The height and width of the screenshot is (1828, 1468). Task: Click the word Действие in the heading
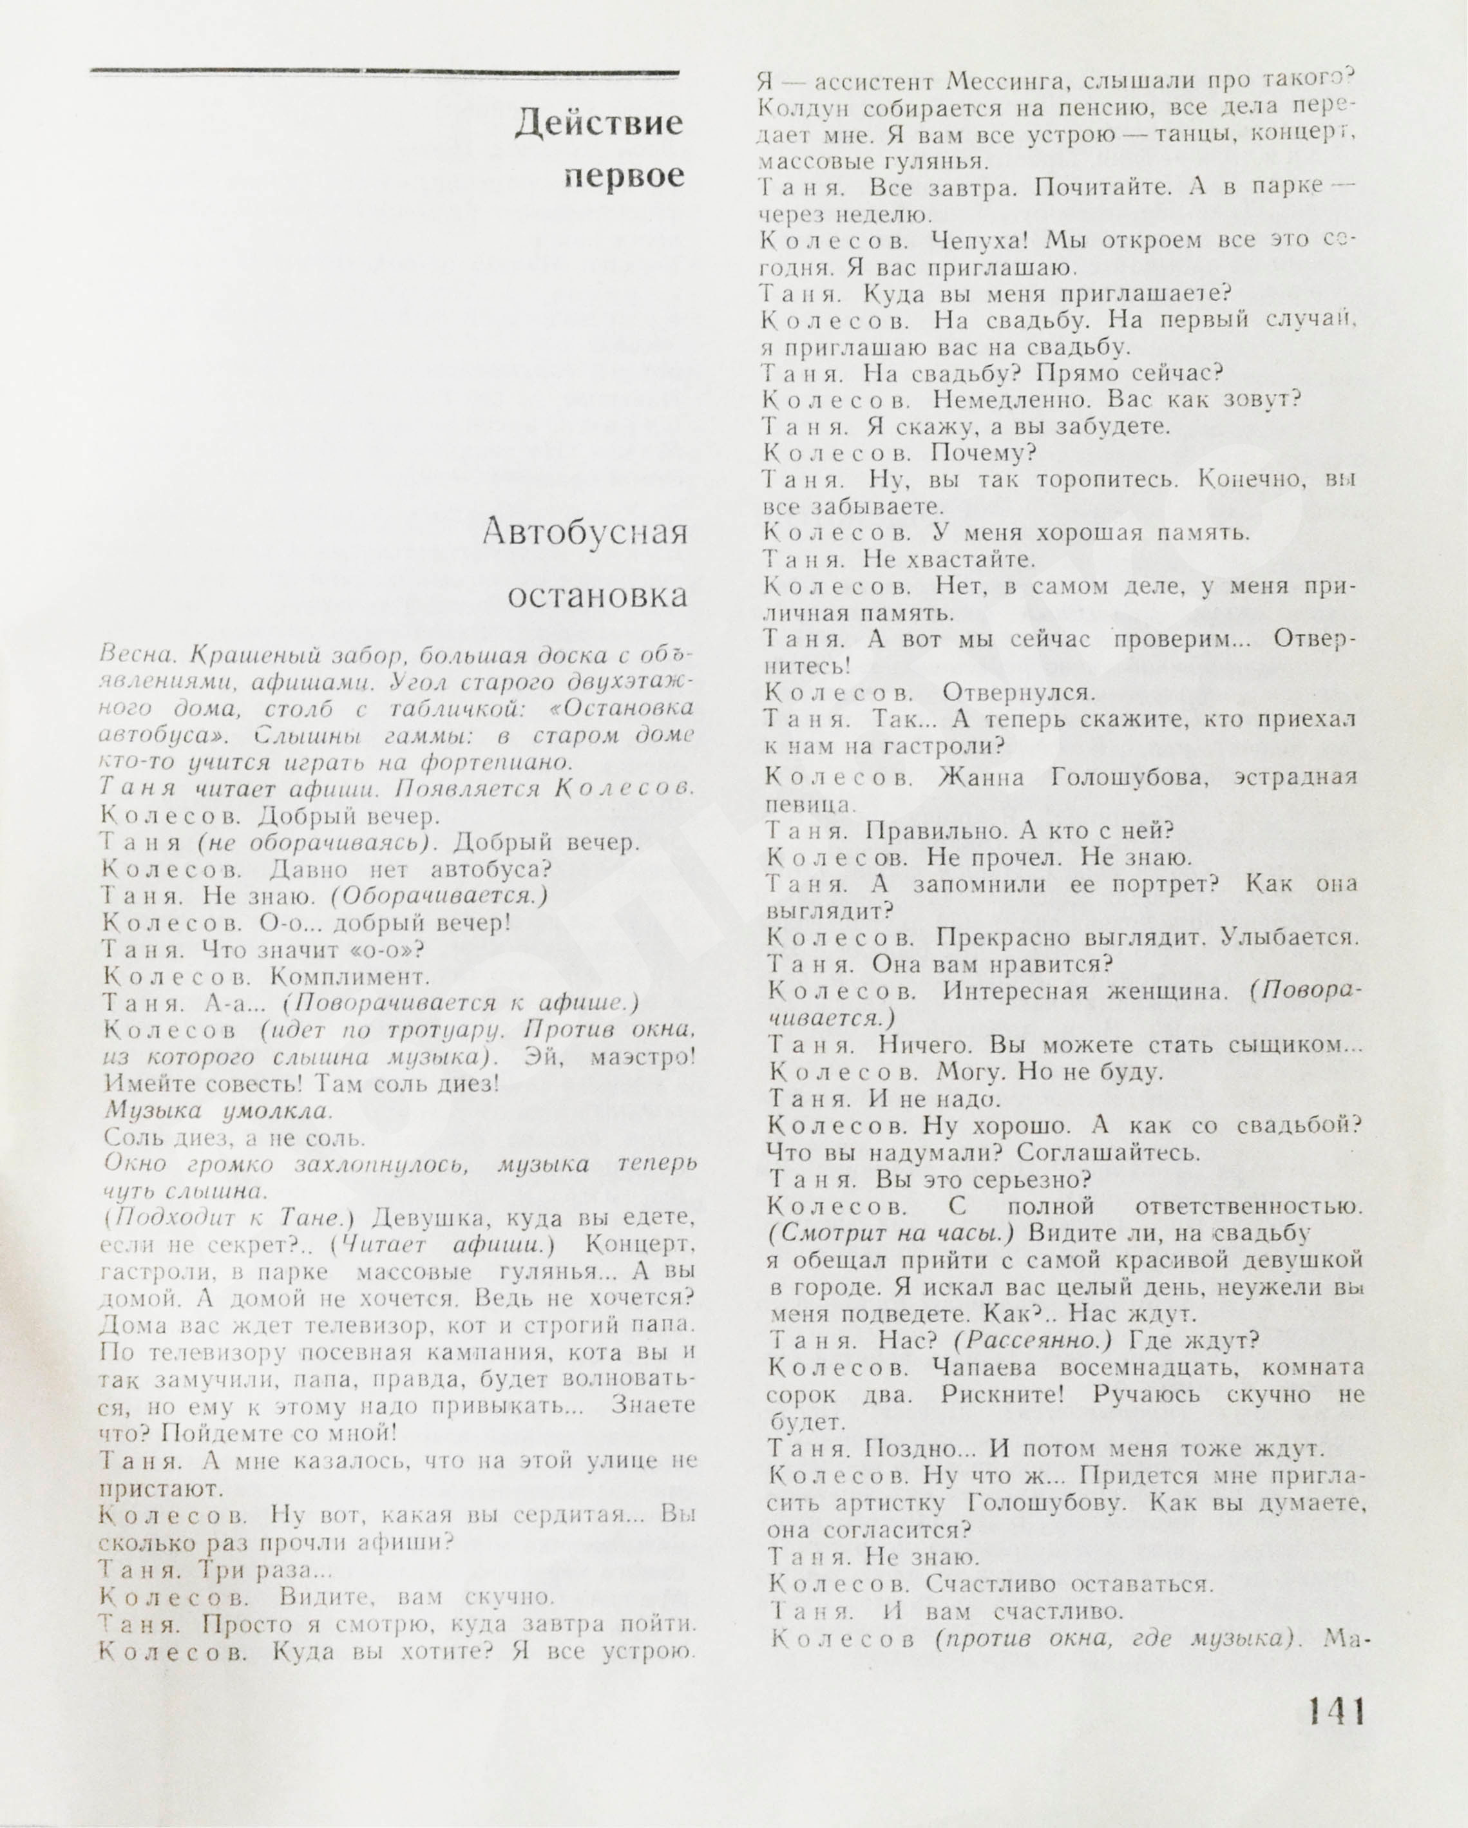click(599, 124)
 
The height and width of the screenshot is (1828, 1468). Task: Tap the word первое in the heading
click(624, 175)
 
